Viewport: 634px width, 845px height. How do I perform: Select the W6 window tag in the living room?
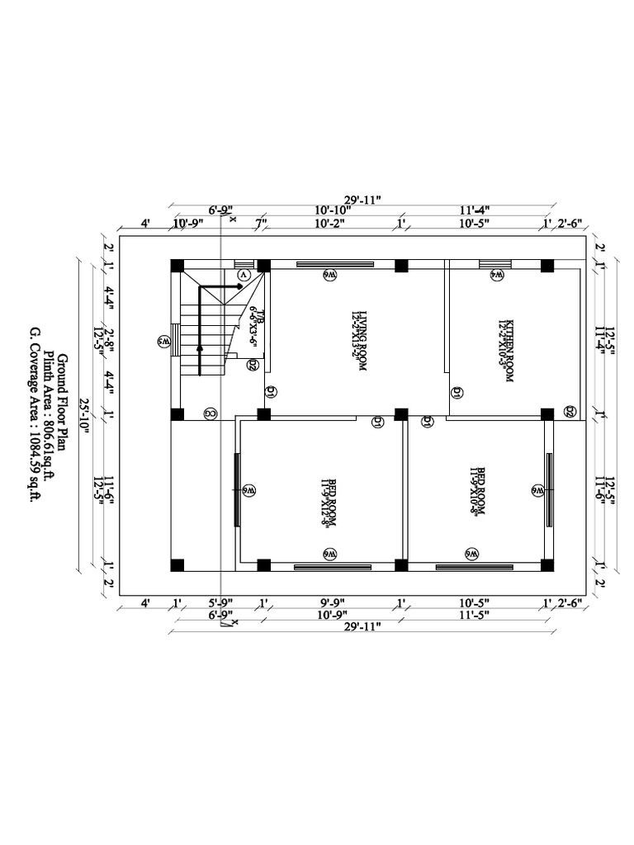(x=329, y=275)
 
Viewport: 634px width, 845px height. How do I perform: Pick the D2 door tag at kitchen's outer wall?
(x=570, y=412)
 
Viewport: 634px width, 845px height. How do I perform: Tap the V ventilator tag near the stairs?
(x=244, y=273)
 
